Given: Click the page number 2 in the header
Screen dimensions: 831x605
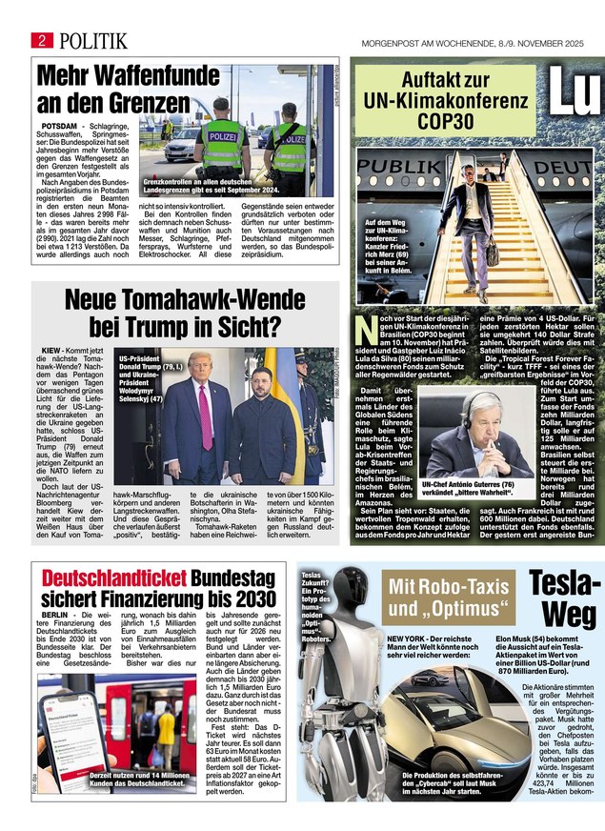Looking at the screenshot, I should click(43, 39).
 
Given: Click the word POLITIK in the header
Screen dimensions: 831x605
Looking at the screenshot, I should click(92, 40).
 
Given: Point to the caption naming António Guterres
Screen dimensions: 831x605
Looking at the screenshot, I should click(467, 487).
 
